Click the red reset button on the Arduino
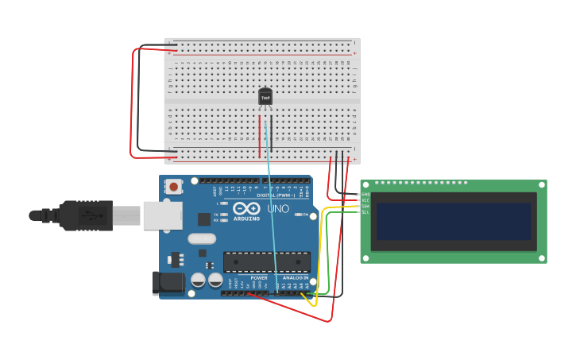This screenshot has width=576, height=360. point(173,187)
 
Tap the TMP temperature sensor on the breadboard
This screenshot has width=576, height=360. point(265,97)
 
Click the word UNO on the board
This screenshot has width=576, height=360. point(278,209)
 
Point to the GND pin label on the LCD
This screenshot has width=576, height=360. point(365,194)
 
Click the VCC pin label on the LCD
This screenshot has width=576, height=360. point(365,200)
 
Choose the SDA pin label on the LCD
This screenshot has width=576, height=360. point(365,206)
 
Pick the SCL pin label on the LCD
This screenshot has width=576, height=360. point(365,212)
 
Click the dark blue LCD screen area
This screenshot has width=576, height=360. point(454,221)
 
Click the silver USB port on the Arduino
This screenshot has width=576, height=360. point(162,215)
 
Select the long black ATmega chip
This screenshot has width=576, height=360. point(267,261)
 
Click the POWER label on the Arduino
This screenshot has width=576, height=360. point(259,278)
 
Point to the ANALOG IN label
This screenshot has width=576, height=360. point(295,278)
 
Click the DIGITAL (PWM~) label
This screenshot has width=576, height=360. point(275,195)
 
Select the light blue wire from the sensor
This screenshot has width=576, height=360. point(272,207)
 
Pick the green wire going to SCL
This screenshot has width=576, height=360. point(328,254)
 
